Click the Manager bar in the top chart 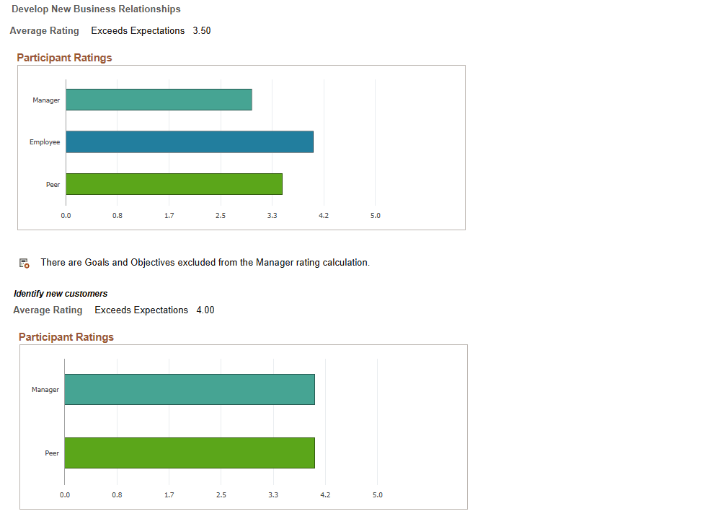tap(159, 100)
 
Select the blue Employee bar tap(189, 141)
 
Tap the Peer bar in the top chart tap(174, 184)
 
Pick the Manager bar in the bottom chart tap(189, 389)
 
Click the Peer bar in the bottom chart tap(189, 453)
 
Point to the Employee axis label tap(45, 142)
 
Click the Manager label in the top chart tap(46, 100)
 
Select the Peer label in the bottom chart tap(53, 453)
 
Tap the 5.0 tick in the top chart tap(375, 216)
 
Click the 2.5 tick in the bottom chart tap(221, 495)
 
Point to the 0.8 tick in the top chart tap(118, 216)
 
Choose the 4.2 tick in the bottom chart tap(324, 495)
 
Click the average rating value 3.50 tap(202, 31)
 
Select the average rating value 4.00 tap(205, 310)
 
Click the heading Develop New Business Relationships tap(97, 9)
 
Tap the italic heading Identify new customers tap(61, 294)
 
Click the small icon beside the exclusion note tap(24, 263)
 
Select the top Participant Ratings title tap(64, 58)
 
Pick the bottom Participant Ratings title tap(66, 337)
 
